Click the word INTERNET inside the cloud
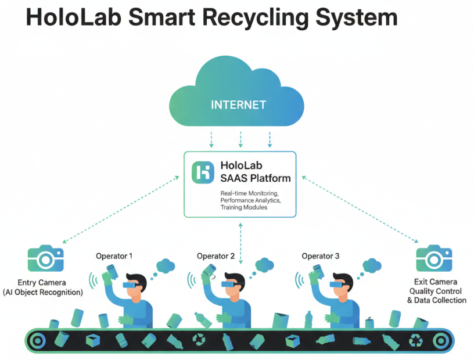(x=238, y=105)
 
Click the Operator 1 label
(x=114, y=255)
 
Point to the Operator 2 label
(x=216, y=256)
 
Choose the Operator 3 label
(x=321, y=255)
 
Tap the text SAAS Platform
(x=255, y=178)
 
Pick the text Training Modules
(x=244, y=207)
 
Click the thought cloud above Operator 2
(x=264, y=265)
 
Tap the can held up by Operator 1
(x=111, y=271)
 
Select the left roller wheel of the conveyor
(x=37, y=341)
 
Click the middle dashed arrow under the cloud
(x=240, y=139)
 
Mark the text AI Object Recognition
(x=43, y=292)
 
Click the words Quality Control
(x=436, y=291)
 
